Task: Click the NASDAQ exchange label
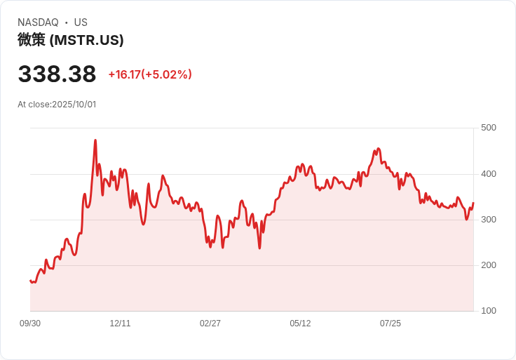(x=38, y=22)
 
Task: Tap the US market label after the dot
(x=81, y=22)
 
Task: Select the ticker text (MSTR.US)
(x=87, y=40)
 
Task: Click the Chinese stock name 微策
(x=32, y=40)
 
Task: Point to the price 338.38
(x=57, y=74)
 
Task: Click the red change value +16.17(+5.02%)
(x=150, y=74)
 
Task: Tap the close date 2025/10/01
(x=74, y=105)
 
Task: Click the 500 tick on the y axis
(x=489, y=128)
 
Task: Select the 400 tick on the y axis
(x=489, y=174)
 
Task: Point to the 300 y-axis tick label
(x=489, y=220)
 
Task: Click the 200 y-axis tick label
(x=489, y=265)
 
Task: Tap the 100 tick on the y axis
(x=489, y=311)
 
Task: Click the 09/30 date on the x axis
(x=30, y=324)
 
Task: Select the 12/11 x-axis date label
(x=121, y=324)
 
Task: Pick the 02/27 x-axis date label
(x=210, y=324)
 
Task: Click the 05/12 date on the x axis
(x=300, y=324)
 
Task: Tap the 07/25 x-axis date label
(x=391, y=324)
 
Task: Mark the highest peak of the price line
(x=95, y=140)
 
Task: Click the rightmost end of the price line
(x=473, y=203)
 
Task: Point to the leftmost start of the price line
(x=30, y=281)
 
